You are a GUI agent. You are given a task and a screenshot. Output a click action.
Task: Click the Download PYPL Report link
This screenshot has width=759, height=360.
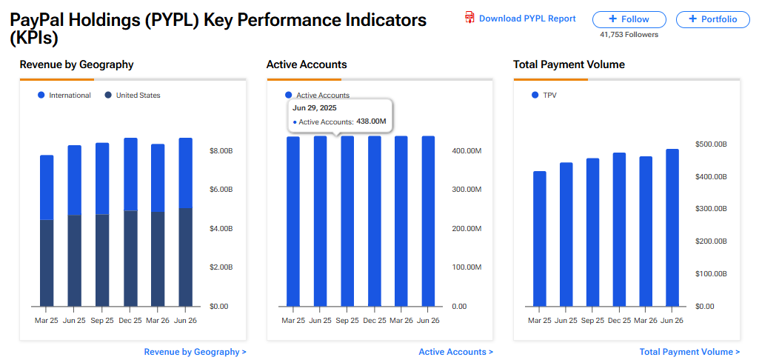[521, 19]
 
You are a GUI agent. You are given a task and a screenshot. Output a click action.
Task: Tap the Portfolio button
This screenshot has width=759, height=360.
[712, 19]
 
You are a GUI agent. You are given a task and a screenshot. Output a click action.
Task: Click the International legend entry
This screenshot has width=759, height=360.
[64, 96]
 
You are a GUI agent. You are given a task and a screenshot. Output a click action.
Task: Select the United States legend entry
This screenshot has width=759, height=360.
[133, 96]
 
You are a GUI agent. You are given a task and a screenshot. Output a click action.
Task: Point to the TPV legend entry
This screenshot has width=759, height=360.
[544, 96]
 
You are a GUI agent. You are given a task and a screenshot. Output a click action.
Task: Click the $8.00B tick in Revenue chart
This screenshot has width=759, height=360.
[220, 151]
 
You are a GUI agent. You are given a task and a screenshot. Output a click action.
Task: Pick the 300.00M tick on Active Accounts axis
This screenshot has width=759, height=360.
[467, 190]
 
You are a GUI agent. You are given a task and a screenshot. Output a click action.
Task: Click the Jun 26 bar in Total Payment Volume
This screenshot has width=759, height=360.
[672, 227]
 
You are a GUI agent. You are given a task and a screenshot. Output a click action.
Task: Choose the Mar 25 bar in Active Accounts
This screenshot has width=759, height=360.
[292, 221]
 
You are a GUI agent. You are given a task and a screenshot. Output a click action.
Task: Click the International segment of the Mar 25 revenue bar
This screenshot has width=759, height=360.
[47, 187]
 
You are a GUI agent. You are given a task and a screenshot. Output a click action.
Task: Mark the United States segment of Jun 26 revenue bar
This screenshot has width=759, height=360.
[186, 257]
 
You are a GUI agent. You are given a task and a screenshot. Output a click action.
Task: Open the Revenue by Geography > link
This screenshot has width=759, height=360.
[195, 353]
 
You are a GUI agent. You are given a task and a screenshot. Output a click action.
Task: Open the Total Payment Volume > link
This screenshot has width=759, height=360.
[690, 353]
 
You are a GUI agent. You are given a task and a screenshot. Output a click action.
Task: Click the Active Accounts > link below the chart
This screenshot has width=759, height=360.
[456, 353]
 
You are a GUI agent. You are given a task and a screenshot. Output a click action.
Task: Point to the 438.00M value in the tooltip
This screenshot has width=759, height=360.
[371, 121]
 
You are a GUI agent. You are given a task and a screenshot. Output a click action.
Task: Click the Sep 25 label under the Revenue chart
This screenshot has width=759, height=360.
[102, 321]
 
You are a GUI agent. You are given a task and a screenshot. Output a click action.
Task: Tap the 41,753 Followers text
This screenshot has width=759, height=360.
[629, 35]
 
